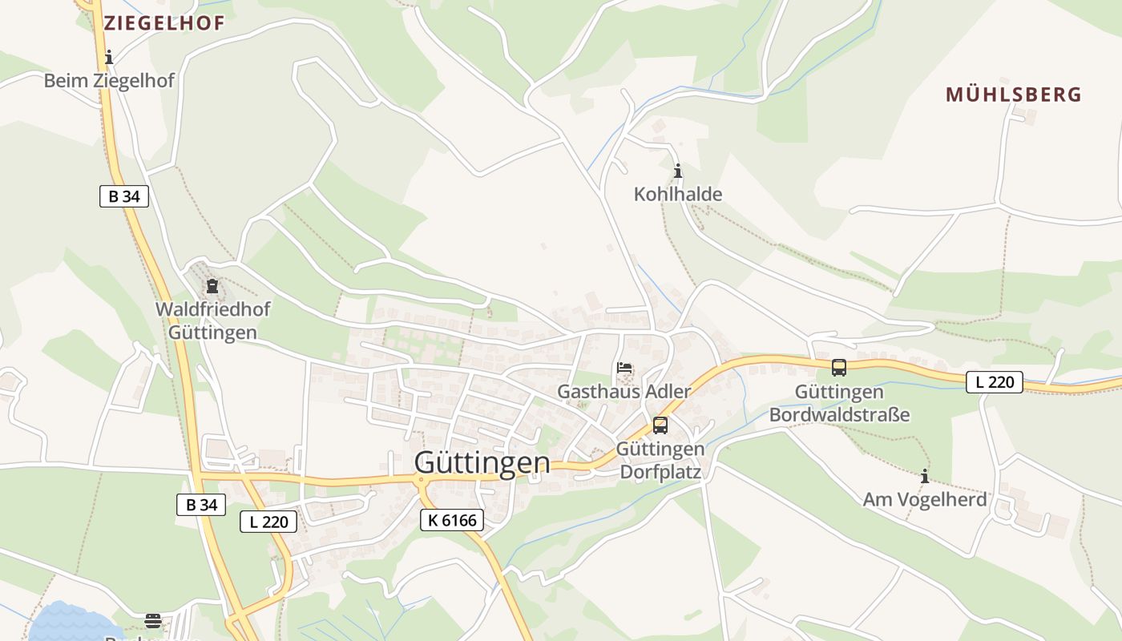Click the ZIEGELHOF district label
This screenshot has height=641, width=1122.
click(x=163, y=23)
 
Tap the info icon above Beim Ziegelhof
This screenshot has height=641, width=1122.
click(x=109, y=57)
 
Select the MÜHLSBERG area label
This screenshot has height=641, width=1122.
click(x=1013, y=95)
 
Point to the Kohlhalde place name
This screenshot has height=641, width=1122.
click(x=678, y=194)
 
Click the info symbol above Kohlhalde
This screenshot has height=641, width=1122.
click(x=678, y=171)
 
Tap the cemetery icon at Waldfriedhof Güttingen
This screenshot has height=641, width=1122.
click(x=212, y=286)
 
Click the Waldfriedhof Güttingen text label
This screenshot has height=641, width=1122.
click(x=212, y=320)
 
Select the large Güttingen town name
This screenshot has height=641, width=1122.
click(x=482, y=463)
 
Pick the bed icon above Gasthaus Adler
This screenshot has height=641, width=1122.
click(x=624, y=369)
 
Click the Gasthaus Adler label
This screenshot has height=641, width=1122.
click(x=624, y=392)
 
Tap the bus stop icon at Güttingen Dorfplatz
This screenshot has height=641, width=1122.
click(x=660, y=425)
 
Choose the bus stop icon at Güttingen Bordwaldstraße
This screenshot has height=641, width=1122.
click(x=839, y=368)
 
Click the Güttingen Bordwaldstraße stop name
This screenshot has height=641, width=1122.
click(x=839, y=403)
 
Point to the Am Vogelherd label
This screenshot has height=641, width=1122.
click(x=924, y=500)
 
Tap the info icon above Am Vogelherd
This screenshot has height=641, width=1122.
click(x=924, y=477)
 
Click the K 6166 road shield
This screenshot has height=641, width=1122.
click(x=452, y=520)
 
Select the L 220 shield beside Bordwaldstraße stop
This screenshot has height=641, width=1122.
click(x=995, y=382)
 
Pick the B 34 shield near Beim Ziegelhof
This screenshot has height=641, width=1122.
click(x=124, y=196)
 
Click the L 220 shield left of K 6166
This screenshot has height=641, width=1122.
click(x=269, y=522)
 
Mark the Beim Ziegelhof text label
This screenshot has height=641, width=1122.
click(x=109, y=81)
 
